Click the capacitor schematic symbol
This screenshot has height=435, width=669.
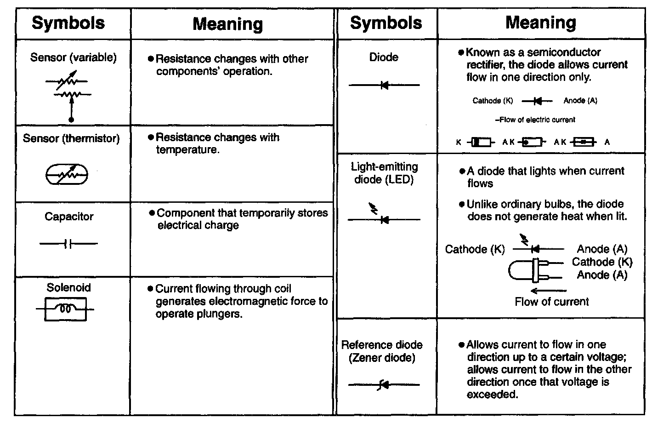tap(68, 244)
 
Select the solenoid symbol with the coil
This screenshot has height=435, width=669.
tap(66, 309)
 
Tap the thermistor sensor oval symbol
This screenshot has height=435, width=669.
tap(67, 175)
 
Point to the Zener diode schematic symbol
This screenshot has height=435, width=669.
tap(384, 384)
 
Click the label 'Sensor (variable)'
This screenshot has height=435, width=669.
tap(73, 57)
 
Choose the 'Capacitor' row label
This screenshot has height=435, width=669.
tap(69, 217)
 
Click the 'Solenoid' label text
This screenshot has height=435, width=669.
tap(69, 288)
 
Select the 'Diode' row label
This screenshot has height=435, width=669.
tap(384, 57)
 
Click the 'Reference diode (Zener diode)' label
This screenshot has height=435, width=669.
tap(382, 351)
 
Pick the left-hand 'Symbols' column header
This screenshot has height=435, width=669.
tap(68, 23)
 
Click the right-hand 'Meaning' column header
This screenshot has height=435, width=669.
tap(540, 23)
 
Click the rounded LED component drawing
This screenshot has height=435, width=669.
tap(528, 270)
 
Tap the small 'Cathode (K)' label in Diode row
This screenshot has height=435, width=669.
tap(493, 101)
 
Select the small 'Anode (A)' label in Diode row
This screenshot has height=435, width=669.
tap(580, 101)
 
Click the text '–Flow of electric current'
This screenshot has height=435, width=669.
tap(535, 120)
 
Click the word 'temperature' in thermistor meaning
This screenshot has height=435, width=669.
tap(187, 150)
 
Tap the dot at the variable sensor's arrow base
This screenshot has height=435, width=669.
tap(71, 120)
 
